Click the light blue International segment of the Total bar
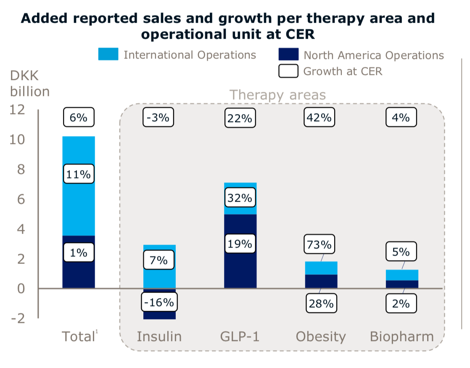pos(79,202)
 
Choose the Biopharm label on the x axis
pos(401,337)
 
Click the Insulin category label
pos(159,337)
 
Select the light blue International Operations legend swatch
pos(108,55)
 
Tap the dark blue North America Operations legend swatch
pos(288,55)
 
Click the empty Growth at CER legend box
pos(288,71)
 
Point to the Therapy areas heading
pos(277,95)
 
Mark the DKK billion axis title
pos(29,84)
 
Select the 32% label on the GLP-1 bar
pos(240,198)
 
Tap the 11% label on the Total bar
pos(79,174)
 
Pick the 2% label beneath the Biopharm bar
pos(401,303)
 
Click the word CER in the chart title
pos(300,34)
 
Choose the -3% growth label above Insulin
pos(158,117)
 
